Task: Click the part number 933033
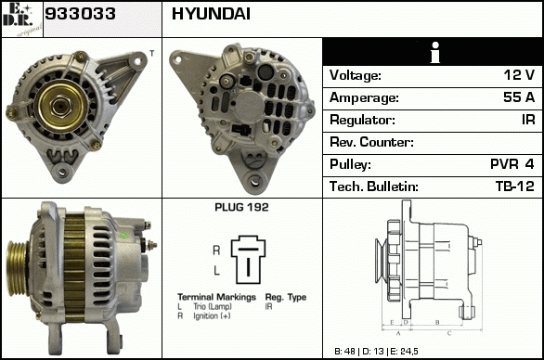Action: (80, 14)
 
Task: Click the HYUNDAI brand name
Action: (211, 14)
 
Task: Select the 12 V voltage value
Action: (519, 75)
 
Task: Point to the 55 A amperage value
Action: (519, 97)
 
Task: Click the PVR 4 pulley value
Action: (512, 163)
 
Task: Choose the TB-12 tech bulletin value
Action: (515, 186)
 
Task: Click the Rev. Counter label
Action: (371, 142)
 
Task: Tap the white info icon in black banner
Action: (435, 53)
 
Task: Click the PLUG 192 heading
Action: (241, 208)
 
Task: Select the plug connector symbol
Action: (249, 260)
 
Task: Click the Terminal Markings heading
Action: (216, 297)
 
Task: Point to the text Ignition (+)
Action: (212, 315)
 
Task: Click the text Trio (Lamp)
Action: (213, 306)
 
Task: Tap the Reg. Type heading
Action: (286, 297)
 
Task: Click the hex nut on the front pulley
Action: (61, 106)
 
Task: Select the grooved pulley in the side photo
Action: (18, 268)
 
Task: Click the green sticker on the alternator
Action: (123, 235)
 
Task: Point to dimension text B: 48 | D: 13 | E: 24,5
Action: (376, 352)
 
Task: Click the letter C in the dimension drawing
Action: (449, 333)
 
